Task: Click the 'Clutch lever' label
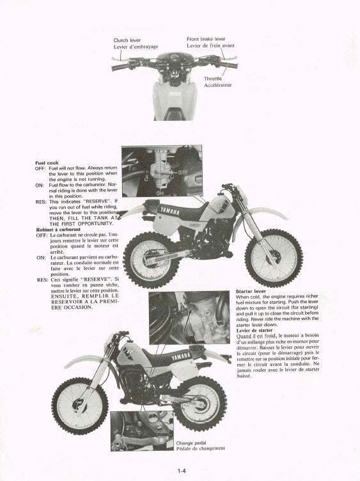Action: [127, 40]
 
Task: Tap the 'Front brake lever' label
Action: [206, 39]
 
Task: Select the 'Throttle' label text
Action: [213, 79]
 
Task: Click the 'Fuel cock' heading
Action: [47, 162]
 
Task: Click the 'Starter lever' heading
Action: [251, 291]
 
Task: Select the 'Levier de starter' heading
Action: [254, 331]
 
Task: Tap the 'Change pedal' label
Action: [191, 443]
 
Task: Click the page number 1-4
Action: [182, 471]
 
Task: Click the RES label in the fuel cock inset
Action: [160, 151]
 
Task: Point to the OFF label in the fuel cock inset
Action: [183, 173]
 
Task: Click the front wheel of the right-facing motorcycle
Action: [274, 258]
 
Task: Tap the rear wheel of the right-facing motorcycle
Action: [151, 260]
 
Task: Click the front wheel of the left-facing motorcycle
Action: [80, 406]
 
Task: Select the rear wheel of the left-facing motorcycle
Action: [201, 404]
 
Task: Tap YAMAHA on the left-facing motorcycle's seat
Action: [181, 356]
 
